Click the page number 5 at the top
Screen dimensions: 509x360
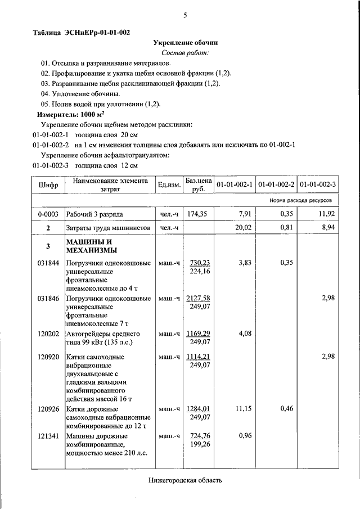(184, 15)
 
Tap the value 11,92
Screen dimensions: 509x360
(327, 214)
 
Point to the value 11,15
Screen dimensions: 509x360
(242, 408)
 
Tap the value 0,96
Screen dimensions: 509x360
(245, 436)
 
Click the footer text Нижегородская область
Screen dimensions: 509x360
(186, 480)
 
